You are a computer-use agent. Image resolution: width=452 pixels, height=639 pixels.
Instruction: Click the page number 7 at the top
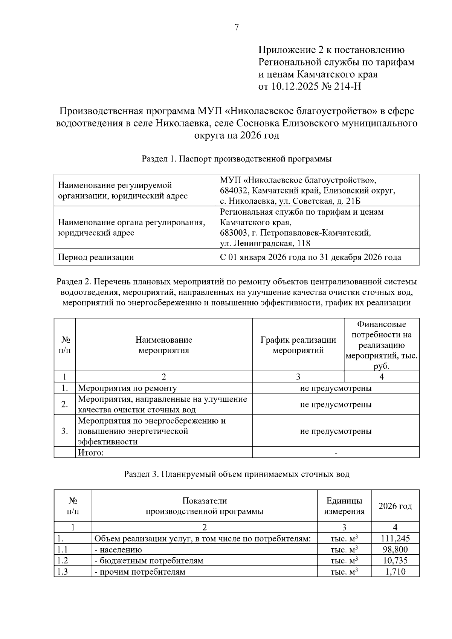point(237,27)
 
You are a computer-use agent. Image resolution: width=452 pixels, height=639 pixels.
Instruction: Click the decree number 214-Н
point(347,87)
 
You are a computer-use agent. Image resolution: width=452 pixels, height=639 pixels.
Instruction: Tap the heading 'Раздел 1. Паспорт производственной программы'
point(237,159)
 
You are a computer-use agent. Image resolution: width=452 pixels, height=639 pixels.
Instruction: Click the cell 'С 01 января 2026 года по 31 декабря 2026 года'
point(310,258)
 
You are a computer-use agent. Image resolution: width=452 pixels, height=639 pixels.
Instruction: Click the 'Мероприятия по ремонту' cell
point(127,388)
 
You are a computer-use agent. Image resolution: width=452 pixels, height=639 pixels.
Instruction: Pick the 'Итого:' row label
point(90,453)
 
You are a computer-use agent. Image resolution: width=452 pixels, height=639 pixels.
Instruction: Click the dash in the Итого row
point(336,453)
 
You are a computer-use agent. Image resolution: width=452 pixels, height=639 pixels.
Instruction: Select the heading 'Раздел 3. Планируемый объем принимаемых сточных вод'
point(237,474)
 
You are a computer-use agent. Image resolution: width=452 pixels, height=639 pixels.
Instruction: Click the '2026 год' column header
point(395,506)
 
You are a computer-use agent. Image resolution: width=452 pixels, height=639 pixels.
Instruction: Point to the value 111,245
point(395,539)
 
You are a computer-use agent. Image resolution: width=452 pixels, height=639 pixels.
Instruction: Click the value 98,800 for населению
point(395,550)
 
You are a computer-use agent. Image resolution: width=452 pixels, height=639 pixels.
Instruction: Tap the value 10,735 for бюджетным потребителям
point(395,561)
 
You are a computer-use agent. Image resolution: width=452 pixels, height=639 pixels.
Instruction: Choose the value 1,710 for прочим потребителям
point(395,572)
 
